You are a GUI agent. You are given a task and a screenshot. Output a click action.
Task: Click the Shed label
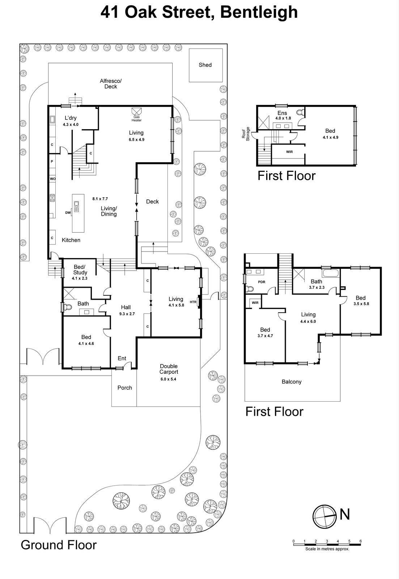pos(205,65)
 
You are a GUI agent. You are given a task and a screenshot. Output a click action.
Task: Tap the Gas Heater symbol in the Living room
pos(137,111)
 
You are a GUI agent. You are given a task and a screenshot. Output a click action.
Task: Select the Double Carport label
pos(169,369)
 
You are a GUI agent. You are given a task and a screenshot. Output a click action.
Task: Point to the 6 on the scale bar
pos(360,541)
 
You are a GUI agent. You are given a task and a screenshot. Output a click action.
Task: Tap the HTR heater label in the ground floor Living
pos(193,302)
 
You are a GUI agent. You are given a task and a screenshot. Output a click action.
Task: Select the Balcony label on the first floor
pos(291,382)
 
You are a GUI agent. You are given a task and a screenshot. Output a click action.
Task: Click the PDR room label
pos(262,282)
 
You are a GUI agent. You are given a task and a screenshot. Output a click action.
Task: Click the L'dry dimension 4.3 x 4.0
pos(71,124)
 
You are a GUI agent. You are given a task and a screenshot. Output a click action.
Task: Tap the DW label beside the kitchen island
pos(68,213)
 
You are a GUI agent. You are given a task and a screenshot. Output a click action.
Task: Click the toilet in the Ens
pos(300,113)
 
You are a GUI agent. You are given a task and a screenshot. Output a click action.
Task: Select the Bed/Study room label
pos(80,270)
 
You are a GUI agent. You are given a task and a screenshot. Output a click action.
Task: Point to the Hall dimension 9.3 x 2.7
pos(127,314)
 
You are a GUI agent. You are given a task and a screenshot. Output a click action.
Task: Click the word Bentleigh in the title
pos(259,12)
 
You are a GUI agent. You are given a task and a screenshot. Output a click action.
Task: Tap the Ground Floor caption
pos(59,545)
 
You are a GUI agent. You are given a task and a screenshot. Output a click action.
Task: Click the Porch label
pos(125,388)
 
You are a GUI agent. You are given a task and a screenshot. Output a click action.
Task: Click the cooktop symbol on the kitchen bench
pos(52,198)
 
